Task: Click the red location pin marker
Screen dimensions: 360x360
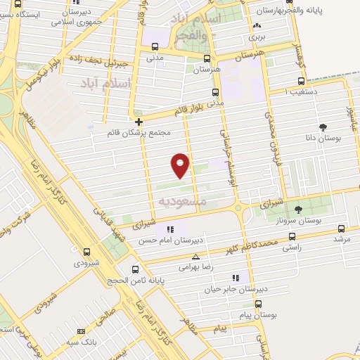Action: tap(181, 164)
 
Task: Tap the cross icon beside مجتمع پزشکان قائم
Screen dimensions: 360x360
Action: tap(139, 121)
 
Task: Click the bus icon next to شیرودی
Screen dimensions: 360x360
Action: tap(87, 251)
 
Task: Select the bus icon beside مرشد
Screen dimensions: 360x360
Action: tap(341, 229)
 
